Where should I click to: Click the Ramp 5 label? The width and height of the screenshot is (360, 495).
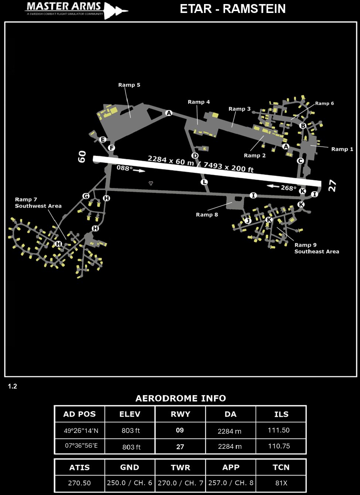[129, 85]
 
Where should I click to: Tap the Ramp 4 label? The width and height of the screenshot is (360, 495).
[198, 102]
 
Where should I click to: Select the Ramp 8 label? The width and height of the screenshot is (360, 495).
[207, 215]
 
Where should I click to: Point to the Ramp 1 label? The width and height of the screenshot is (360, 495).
[342, 149]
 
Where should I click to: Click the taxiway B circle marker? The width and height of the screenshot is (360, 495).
[303, 126]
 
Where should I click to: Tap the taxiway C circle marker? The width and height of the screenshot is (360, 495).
[300, 161]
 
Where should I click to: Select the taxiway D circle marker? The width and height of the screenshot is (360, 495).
[195, 156]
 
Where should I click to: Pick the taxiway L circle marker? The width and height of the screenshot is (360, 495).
[204, 182]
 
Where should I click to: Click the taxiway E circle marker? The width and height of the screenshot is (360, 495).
[103, 139]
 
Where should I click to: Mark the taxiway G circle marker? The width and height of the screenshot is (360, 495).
[86, 196]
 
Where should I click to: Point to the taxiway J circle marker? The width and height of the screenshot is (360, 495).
[248, 221]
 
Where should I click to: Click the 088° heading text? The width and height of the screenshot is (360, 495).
[125, 168]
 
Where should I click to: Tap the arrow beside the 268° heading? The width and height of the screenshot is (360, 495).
[273, 186]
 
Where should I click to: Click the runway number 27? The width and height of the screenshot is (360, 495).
[332, 186]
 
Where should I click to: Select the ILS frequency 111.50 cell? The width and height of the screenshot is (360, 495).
[279, 430]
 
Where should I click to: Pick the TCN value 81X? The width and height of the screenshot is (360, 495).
[281, 483]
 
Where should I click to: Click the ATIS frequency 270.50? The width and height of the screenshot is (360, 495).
[79, 483]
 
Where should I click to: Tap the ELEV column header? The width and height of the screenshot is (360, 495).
[130, 414]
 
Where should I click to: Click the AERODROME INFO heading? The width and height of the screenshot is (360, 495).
[180, 399]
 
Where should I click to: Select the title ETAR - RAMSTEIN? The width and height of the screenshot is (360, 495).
[232, 9]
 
